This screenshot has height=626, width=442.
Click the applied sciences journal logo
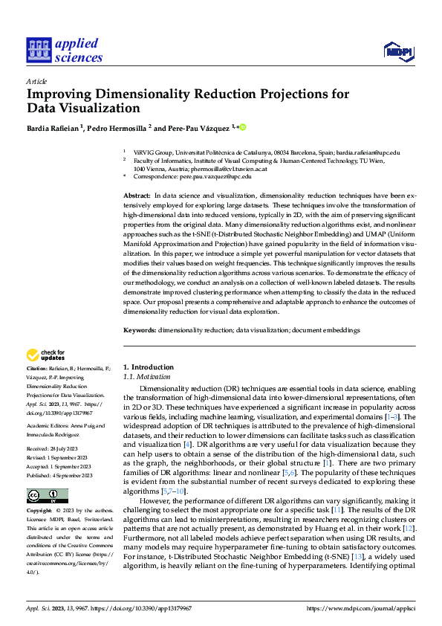[x=65, y=49]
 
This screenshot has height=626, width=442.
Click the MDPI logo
[x=397, y=50]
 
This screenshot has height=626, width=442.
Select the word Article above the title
[x=36, y=81]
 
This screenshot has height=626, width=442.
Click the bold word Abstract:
[x=136, y=194]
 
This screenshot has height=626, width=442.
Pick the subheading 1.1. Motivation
[x=145, y=377]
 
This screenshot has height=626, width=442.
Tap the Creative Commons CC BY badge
[x=47, y=474]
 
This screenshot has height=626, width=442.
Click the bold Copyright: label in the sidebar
[x=40, y=491]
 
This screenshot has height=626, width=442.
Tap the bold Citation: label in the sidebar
[x=37, y=369]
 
